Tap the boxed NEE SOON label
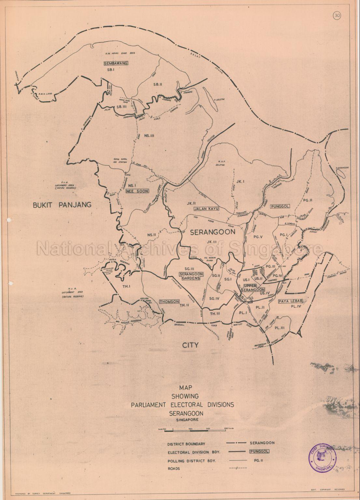click(137, 192)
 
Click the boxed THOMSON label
click(170, 302)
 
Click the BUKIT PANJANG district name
click(62, 204)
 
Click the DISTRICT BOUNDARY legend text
click(187, 444)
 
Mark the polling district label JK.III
click(211, 241)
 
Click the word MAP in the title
click(185, 388)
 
